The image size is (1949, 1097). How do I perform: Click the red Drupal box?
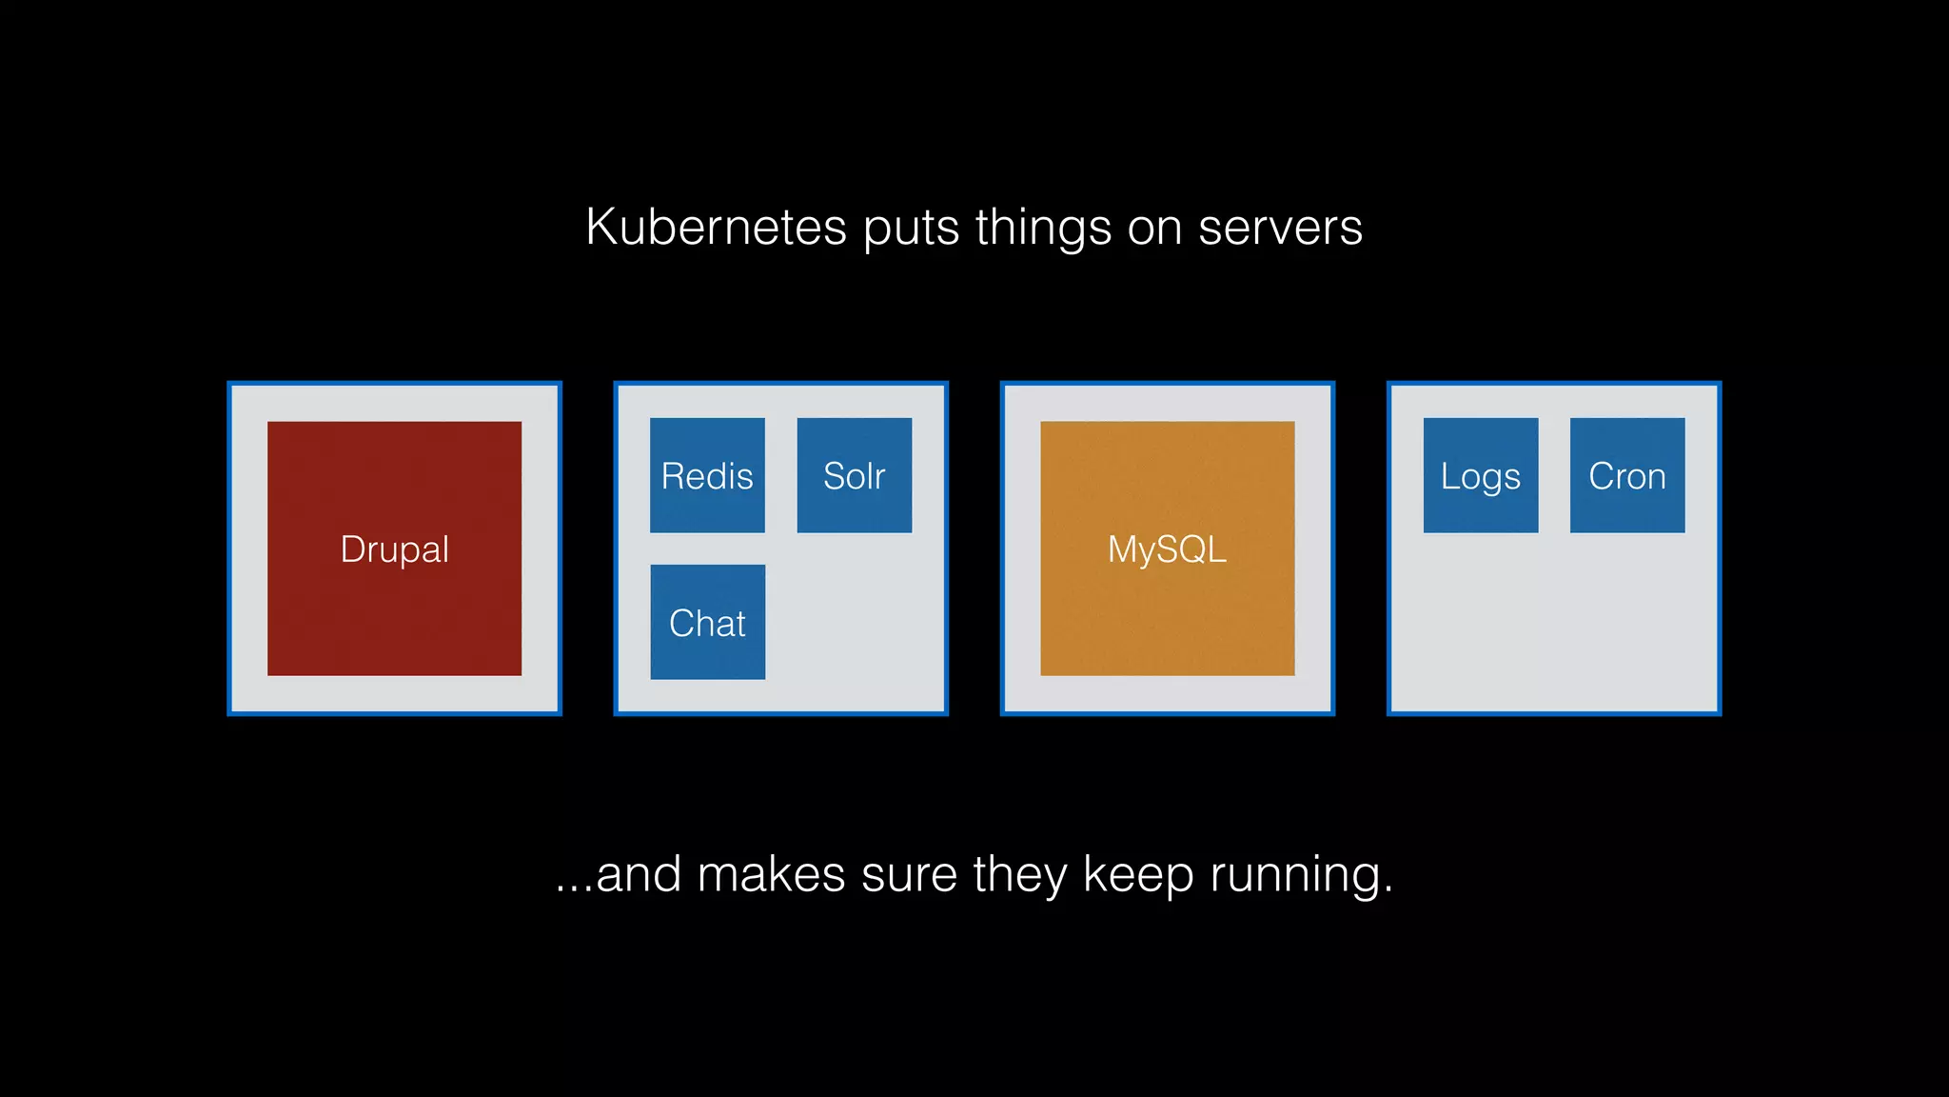(x=394, y=548)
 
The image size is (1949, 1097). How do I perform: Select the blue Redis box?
(x=707, y=475)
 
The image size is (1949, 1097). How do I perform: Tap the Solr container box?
(x=854, y=475)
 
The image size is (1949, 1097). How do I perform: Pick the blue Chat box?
(x=707, y=622)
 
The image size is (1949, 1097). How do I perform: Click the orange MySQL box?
(x=1167, y=548)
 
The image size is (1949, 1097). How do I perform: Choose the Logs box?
(x=1480, y=475)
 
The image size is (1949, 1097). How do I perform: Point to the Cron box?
(x=1626, y=475)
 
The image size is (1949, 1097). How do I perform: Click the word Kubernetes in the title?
(x=716, y=228)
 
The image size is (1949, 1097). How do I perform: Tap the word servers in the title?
(x=1280, y=228)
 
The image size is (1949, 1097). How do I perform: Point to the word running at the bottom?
(x=1301, y=876)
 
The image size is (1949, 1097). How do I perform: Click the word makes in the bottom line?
(x=771, y=875)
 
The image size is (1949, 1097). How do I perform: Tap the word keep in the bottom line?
(x=1138, y=876)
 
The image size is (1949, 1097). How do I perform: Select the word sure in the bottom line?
(x=909, y=875)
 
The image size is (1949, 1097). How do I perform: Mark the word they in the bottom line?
(x=1019, y=876)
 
